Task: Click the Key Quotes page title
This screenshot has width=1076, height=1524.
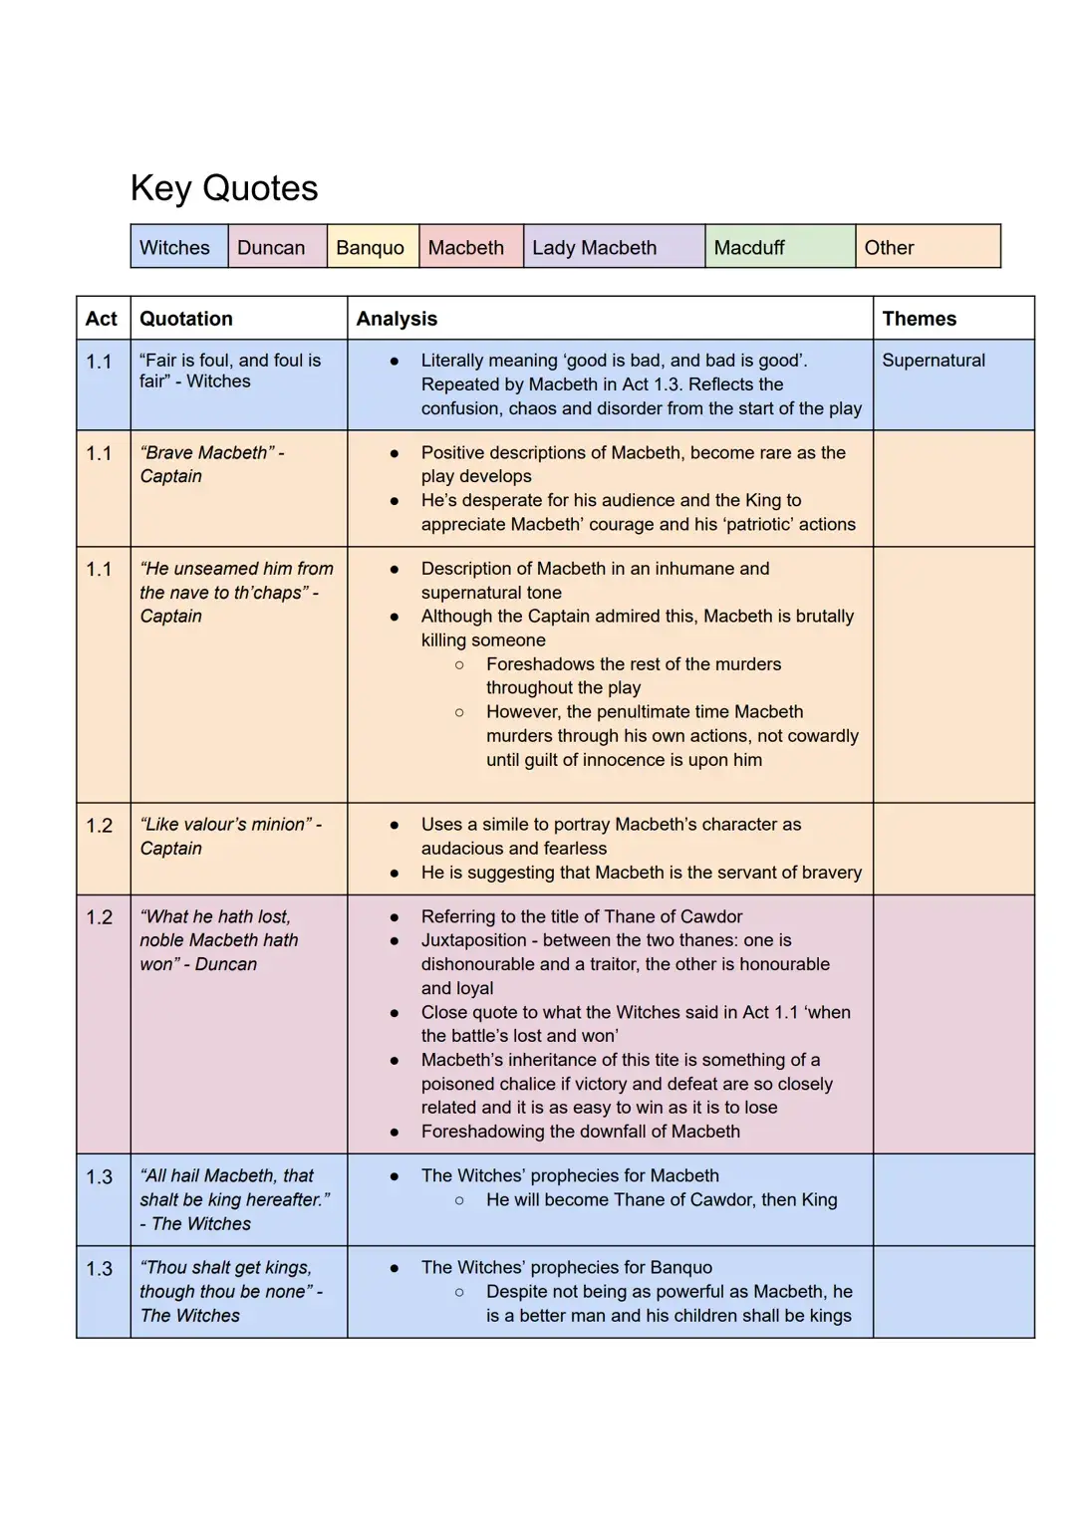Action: click(224, 188)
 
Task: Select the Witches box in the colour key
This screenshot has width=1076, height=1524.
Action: click(175, 247)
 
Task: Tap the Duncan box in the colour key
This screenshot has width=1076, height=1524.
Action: click(271, 247)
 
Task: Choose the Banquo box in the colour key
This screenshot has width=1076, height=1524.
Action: click(370, 247)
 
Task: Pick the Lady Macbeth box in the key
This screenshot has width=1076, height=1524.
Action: click(595, 247)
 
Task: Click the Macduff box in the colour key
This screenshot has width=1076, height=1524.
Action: click(749, 247)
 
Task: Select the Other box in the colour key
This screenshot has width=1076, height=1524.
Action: click(889, 247)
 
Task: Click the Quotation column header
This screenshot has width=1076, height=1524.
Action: click(186, 319)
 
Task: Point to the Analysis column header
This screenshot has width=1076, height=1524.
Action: click(397, 319)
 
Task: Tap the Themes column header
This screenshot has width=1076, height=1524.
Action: click(919, 319)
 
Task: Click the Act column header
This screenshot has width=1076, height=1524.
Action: click(102, 319)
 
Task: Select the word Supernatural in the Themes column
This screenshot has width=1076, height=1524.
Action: click(934, 361)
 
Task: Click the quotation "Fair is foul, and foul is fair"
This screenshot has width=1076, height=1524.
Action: click(230, 371)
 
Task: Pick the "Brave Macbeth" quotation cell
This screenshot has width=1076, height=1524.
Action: click(212, 464)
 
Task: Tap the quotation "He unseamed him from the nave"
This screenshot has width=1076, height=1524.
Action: click(236, 592)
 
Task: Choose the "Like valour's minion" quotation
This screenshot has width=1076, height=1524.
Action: click(230, 836)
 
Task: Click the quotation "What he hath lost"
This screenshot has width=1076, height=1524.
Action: click(218, 940)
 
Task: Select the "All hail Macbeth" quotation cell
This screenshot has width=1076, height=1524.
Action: click(234, 1199)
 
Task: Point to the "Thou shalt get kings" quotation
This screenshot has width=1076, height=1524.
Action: click(230, 1291)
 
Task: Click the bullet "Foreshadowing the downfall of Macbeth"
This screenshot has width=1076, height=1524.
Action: click(580, 1132)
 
